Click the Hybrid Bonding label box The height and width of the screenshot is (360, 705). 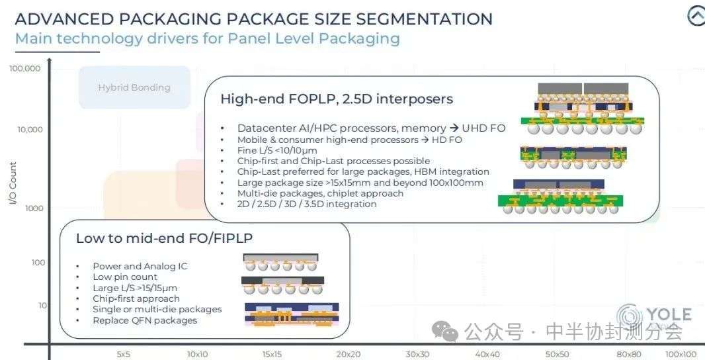click(134, 87)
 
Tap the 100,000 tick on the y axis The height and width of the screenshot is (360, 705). click(24, 68)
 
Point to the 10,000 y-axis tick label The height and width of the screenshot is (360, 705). click(30, 130)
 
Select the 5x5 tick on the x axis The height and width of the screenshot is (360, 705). click(124, 354)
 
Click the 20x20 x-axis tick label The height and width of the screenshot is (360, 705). click(348, 354)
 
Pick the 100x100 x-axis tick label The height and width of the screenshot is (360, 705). click(681, 354)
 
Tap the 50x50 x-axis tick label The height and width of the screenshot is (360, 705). click(557, 354)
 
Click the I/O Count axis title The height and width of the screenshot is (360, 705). click(13, 183)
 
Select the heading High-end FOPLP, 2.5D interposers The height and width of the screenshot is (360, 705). click(337, 99)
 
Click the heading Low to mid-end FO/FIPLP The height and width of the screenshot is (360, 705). click(164, 238)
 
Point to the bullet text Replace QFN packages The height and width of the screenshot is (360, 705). click(145, 320)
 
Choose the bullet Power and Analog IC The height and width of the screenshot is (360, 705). click(140, 267)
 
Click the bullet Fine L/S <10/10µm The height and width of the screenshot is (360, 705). click(277, 150)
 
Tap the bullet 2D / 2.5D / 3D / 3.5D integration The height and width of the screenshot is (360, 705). click(307, 204)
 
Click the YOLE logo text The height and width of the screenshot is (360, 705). click(669, 314)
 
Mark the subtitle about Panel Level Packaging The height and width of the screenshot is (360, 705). click(207, 38)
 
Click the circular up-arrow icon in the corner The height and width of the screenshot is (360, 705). click(696, 16)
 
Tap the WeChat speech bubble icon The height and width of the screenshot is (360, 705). click(444, 332)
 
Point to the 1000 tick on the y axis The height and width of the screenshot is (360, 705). click(34, 208)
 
